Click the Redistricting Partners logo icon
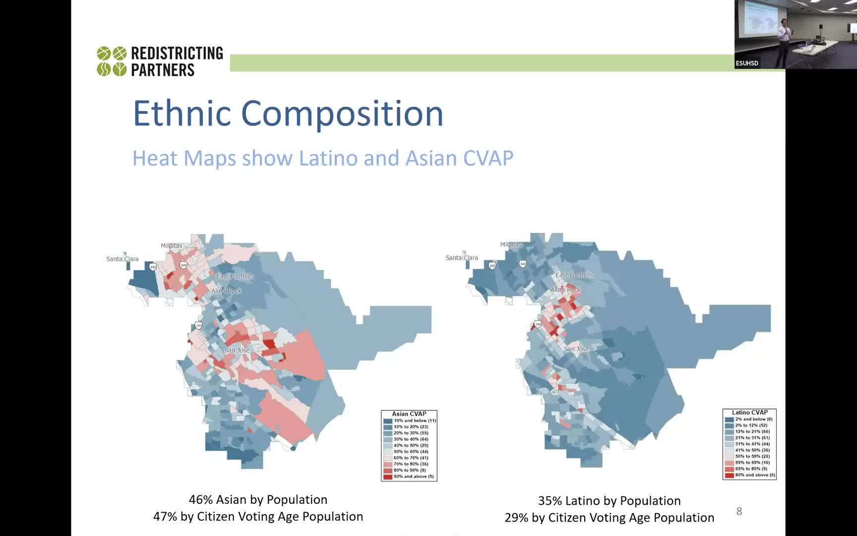(112, 61)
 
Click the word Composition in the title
(342, 114)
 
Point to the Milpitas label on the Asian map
(172, 246)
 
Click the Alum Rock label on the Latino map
(565, 289)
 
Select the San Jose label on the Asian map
(237, 350)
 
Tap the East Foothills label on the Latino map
(574, 275)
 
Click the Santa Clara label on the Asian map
(122, 259)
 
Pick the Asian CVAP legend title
(409, 414)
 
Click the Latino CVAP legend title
(749, 412)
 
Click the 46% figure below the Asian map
(199, 500)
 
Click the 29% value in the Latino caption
(516, 518)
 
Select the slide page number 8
(739, 511)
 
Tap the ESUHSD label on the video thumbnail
(747, 63)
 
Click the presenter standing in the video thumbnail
(784, 42)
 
